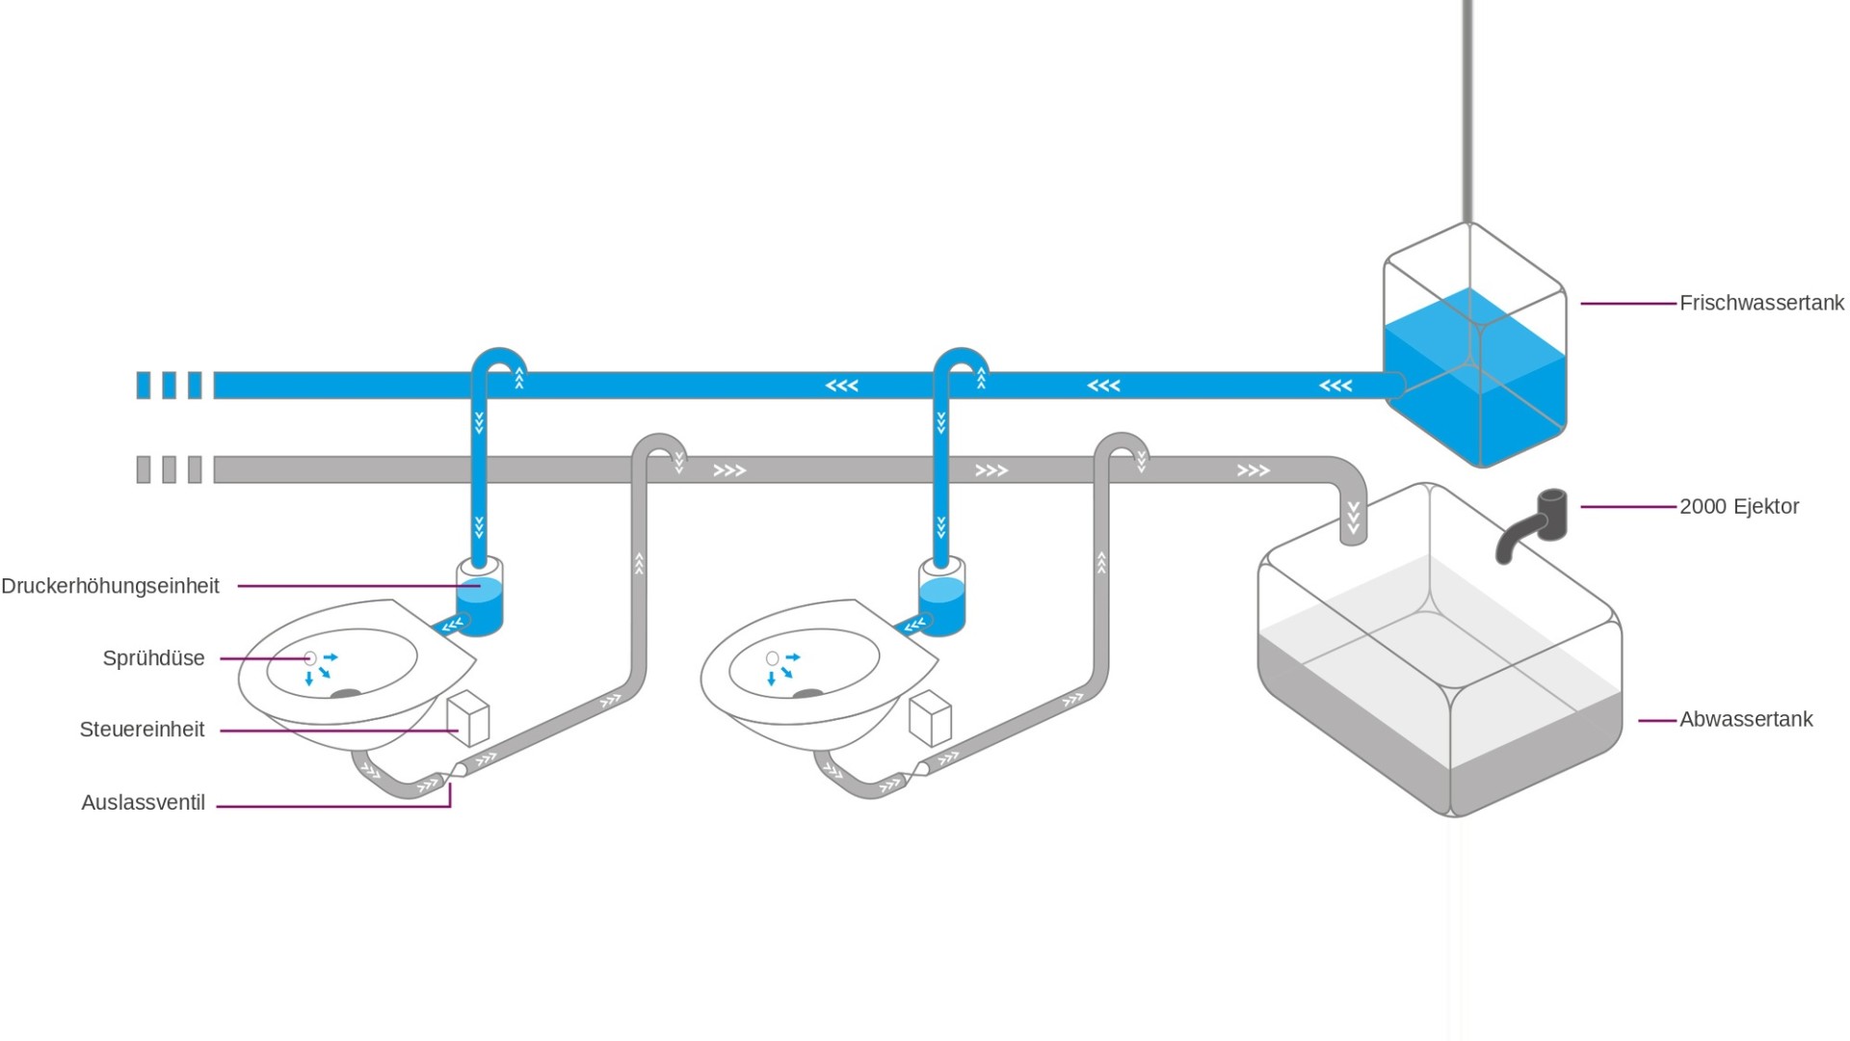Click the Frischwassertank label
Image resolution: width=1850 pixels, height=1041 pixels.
pos(1761,303)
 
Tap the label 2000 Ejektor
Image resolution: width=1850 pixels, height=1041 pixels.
pos(1739,506)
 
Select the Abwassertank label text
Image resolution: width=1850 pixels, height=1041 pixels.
pos(1746,719)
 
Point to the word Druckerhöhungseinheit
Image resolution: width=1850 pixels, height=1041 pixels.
pos(110,586)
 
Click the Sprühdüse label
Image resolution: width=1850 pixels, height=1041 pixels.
pos(153,658)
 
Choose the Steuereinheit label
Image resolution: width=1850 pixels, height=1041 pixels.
pos(142,730)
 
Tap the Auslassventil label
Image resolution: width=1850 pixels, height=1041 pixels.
pos(143,802)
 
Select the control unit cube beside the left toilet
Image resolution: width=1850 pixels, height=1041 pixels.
pos(468,718)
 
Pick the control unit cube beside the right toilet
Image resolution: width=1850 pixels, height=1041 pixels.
pos(931,718)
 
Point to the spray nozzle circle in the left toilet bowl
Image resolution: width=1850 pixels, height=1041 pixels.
pos(310,658)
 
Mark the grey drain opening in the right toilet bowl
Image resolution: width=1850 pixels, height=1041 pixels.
pos(807,694)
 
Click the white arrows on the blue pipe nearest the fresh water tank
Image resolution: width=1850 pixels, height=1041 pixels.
pos(1335,386)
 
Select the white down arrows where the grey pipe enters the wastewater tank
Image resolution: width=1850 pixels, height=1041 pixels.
pos(1354,518)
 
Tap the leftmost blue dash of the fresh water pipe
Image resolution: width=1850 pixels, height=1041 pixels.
pos(144,386)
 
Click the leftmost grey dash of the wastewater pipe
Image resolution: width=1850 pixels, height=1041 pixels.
pos(144,470)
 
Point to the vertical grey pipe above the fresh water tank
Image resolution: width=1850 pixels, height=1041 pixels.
pos(1467,111)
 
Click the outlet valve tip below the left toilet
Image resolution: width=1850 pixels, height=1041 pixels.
pos(451,774)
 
